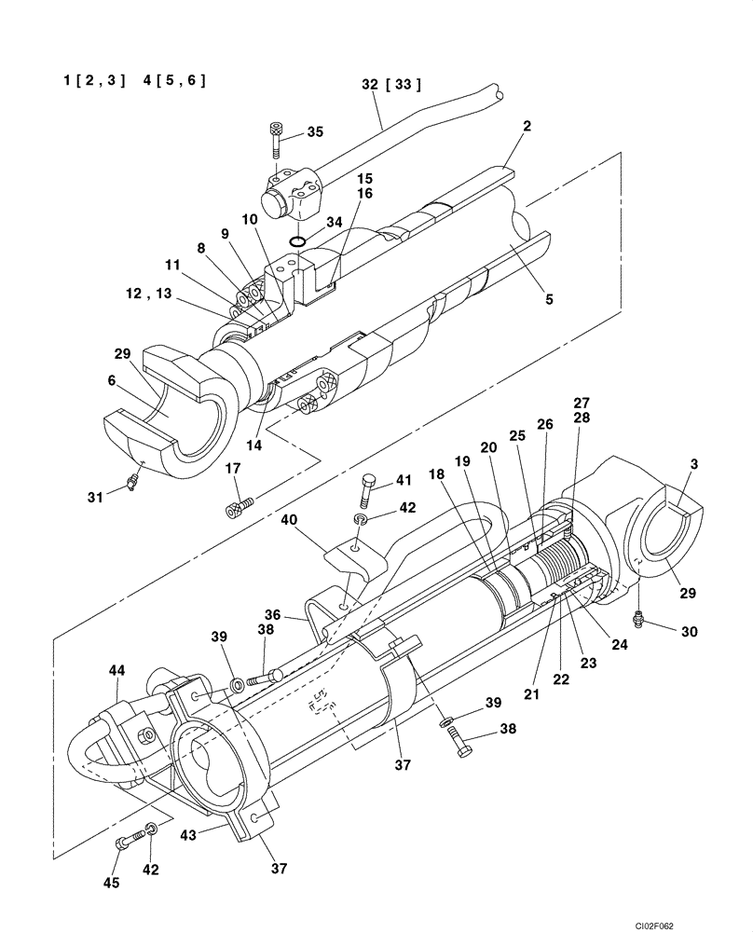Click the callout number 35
(x=315, y=132)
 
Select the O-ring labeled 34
(x=297, y=242)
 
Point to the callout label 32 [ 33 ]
(x=391, y=85)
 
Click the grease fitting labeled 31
(x=133, y=480)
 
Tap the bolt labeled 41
(x=368, y=486)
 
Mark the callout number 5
(x=549, y=300)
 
